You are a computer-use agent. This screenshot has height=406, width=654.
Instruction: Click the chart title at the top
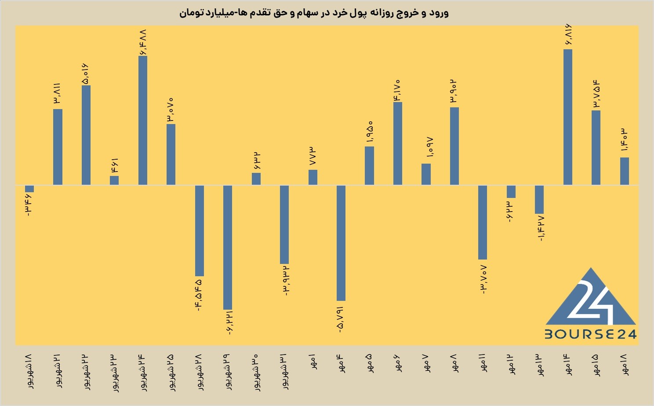pos(314,13)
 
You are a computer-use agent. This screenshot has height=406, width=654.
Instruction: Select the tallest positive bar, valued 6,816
pos(567,117)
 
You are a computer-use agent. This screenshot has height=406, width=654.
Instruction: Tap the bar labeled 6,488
pos(143,121)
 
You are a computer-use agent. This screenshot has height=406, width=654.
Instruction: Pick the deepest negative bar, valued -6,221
pos(228,247)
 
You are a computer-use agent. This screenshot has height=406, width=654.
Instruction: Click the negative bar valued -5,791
pos(341,243)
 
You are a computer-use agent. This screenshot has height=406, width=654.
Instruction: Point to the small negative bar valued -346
pos(29,189)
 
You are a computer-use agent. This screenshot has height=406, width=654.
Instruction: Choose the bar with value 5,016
pos(86,135)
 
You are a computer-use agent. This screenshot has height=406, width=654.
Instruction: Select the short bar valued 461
pos(114,180)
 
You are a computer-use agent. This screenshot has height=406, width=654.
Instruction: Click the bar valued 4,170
pos(398,143)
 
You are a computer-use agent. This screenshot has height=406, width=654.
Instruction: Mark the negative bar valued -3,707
pos(483,222)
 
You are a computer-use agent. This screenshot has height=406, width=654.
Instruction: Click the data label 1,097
pos(430,147)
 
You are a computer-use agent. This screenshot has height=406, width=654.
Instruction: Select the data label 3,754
pos(596,93)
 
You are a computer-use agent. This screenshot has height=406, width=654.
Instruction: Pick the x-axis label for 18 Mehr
pos(625,365)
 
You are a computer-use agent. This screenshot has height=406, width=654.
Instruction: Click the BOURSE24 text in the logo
pos(590,334)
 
